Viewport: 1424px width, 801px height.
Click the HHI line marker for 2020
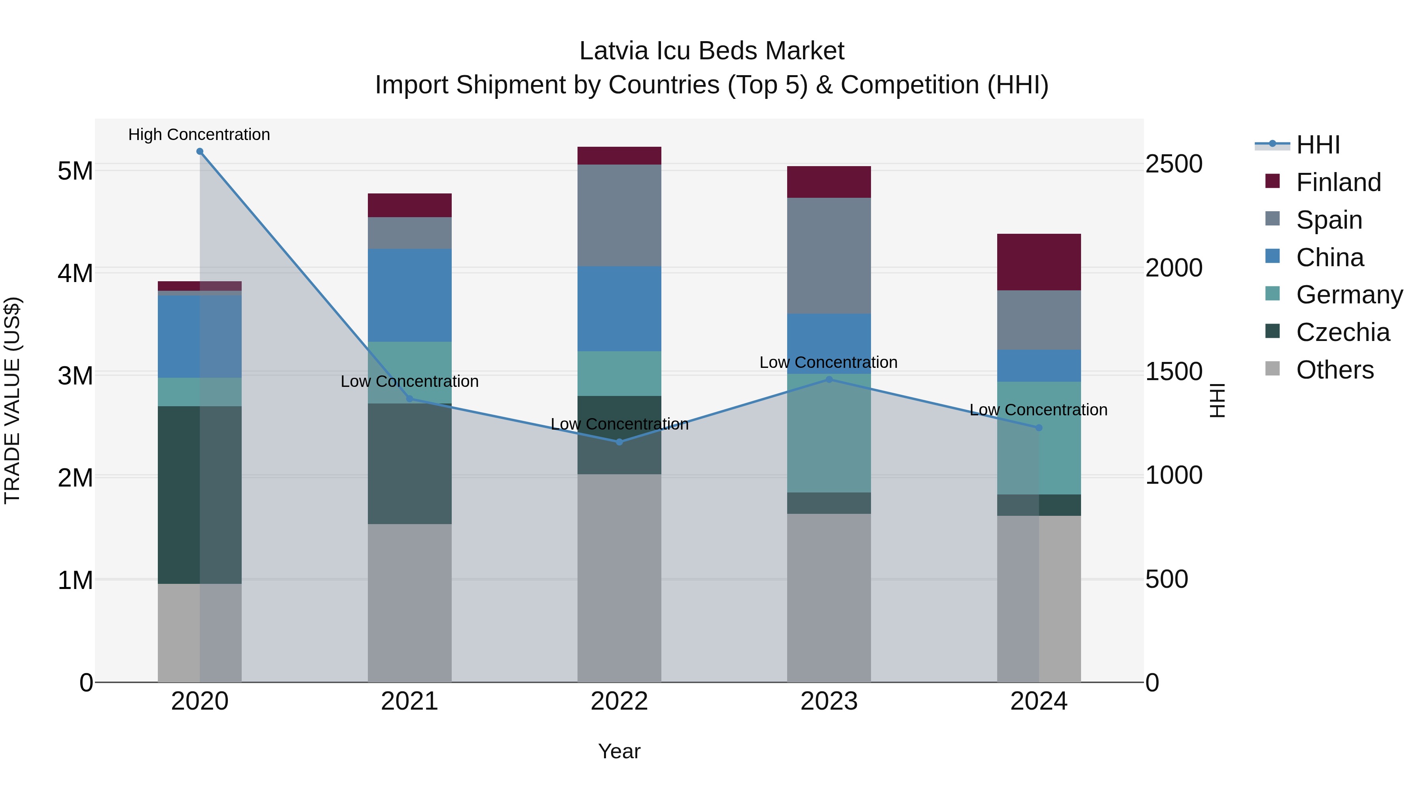point(200,151)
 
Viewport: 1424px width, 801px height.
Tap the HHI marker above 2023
point(829,379)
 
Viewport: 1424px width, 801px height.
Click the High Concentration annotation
point(199,134)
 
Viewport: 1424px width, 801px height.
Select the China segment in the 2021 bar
point(410,295)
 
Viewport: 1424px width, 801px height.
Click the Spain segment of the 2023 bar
point(829,256)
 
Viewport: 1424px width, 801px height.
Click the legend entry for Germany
point(1349,295)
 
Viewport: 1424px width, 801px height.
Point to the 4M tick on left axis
point(75,273)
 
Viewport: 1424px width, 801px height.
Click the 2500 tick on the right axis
point(1173,164)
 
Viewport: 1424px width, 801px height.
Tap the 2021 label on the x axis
point(410,701)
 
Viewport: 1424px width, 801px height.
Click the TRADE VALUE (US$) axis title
point(12,400)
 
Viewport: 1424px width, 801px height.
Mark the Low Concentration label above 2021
point(410,381)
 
